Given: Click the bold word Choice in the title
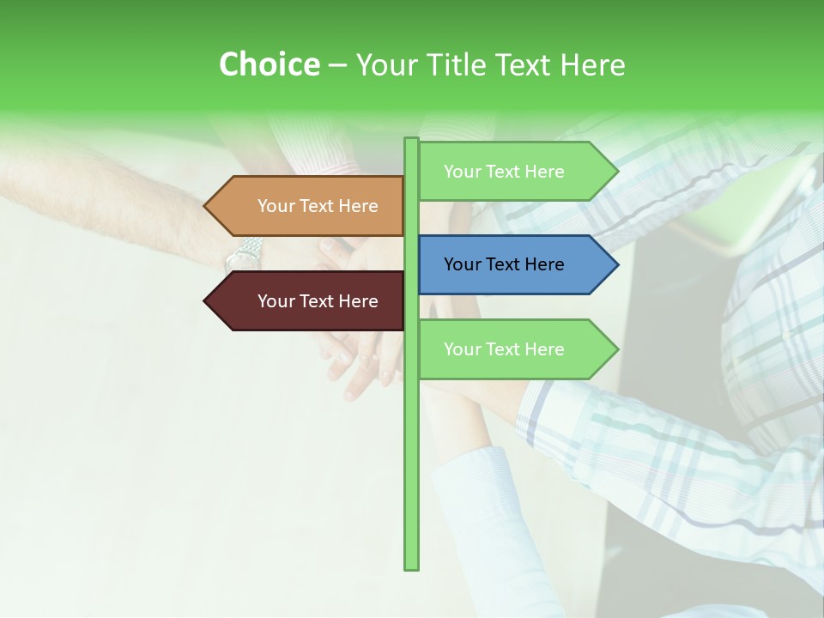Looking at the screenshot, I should (x=269, y=64).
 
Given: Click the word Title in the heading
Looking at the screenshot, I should (x=475, y=64).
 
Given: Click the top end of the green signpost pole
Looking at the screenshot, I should (x=411, y=140).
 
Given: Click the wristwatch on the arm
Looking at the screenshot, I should (x=244, y=254).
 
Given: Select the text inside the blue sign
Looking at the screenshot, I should (x=504, y=264).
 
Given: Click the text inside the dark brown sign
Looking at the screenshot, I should (x=318, y=301).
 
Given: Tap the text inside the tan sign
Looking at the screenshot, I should (x=318, y=206).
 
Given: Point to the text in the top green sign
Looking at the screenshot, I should (x=504, y=172).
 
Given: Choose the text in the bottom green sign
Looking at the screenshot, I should (x=504, y=349).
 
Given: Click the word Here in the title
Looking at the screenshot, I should (x=592, y=64).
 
